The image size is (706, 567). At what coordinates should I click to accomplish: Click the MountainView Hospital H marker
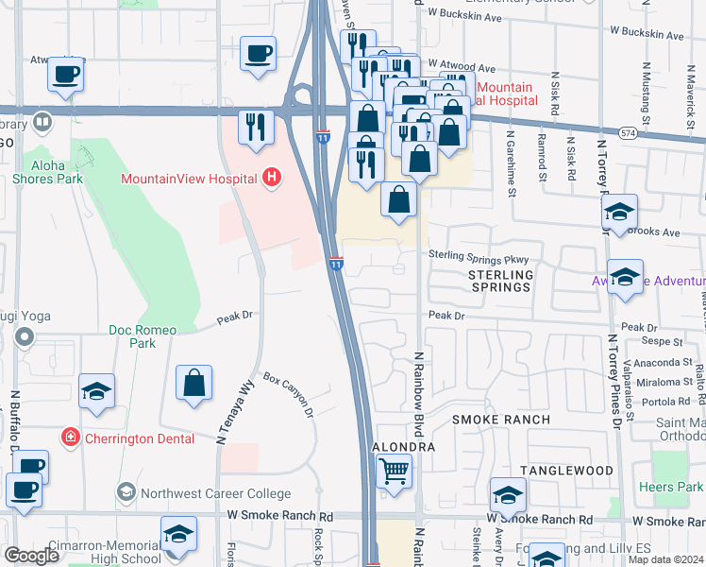(x=272, y=177)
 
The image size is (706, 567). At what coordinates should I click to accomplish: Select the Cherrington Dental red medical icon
(x=69, y=437)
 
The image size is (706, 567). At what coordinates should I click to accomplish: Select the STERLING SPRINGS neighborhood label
(x=500, y=281)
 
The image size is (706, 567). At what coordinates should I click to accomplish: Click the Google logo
(x=32, y=556)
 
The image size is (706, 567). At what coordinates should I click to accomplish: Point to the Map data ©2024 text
(x=666, y=559)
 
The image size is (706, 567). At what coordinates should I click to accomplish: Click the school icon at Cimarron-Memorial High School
(x=177, y=534)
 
